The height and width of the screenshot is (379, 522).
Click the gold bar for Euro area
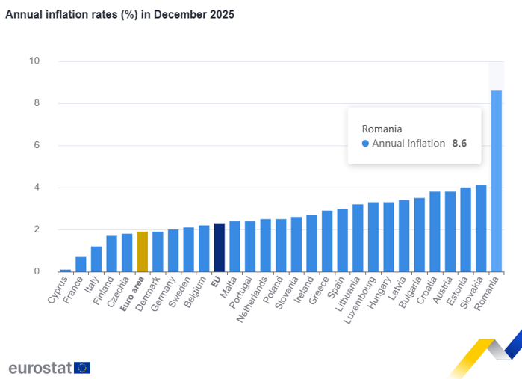coord(143,252)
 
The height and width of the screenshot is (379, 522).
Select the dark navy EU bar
coord(220,247)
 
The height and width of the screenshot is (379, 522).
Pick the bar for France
coord(81,265)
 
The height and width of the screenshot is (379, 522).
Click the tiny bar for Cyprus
coord(66,270)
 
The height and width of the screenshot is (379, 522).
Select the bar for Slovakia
coord(481,228)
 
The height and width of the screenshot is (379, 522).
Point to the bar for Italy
coord(96,259)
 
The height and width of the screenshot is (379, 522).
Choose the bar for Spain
coord(342,240)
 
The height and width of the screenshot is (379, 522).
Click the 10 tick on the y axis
coord(34,61)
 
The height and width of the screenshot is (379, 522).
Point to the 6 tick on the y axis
coord(37,145)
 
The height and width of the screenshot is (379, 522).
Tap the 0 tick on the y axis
coord(37,271)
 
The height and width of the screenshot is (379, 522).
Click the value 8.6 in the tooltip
coord(459,143)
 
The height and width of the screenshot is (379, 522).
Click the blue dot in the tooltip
coord(365,143)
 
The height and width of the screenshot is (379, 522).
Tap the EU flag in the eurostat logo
coord(82,367)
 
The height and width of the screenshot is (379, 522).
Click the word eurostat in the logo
coord(40,367)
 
